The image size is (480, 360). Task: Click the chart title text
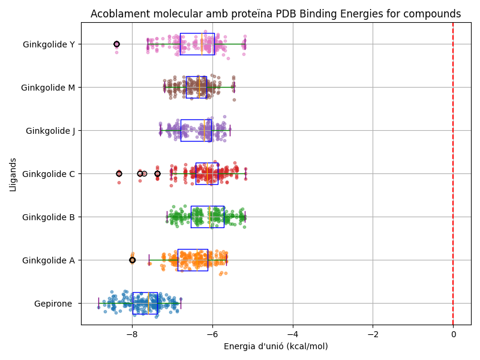pyautogui.click(x=275, y=14)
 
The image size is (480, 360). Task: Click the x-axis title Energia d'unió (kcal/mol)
pyautogui.click(x=275, y=346)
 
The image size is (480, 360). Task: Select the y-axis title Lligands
pyautogui.click(x=13, y=173)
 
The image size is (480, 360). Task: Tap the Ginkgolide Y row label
pyautogui.click(x=49, y=44)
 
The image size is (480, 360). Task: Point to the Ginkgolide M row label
pyautogui.click(x=48, y=88)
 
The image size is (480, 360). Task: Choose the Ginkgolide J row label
pyautogui.click(x=50, y=131)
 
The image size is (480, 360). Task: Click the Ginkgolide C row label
pyautogui.click(x=49, y=174)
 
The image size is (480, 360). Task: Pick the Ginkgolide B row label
pyautogui.click(x=49, y=217)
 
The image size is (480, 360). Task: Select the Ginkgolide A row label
pyautogui.click(x=49, y=260)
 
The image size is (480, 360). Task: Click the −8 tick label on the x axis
pyautogui.click(x=133, y=335)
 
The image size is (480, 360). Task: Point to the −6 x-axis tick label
pyautogui.click(x=212, y=335)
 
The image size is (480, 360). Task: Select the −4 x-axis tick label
pyautogui.click(x=293, y=335)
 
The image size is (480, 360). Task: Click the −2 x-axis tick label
pyautogui.click(x=373, y=335)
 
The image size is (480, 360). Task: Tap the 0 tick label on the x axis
pyautogui.click(x=453, y=335)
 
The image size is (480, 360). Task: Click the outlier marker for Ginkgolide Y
pyautogui.click(x=116, y=44)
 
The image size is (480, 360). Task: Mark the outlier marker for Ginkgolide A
pyautogui.click(x=133, y=260)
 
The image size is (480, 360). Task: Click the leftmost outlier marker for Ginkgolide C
pyautogui.click(x=119, y=173)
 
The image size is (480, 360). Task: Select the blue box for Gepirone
pyautogui.click(x=145, y=303)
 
